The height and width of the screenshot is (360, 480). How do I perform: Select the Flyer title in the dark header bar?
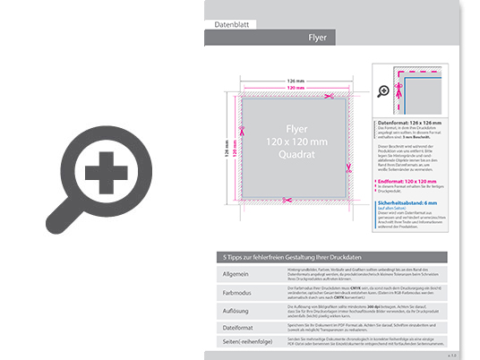coord(317,38)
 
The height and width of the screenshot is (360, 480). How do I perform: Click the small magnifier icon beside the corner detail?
coord(384,90)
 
